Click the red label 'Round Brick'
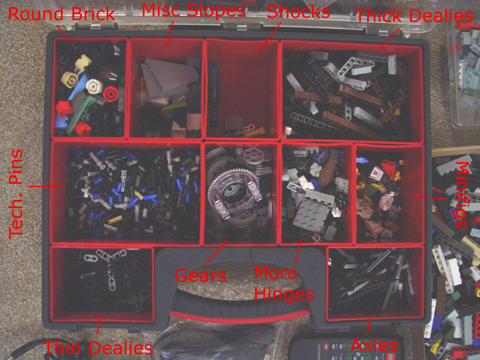tap(61, 13)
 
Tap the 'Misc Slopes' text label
tap(194, 10)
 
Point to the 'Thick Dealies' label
tap(414, 15)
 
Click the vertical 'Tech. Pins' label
tap(16, 193)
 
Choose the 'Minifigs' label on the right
tap(463, 195)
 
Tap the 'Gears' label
tap(200, 275)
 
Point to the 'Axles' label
tap(374, 345)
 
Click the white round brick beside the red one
tap(94, 86)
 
